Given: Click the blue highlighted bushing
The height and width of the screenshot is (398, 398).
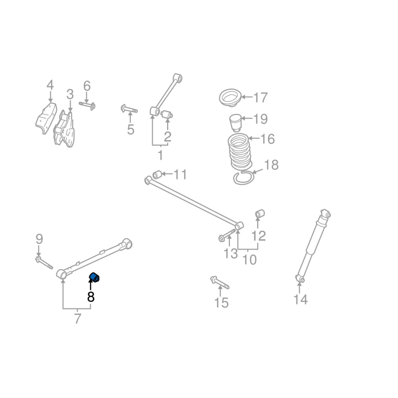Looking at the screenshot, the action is [x=94, y=277].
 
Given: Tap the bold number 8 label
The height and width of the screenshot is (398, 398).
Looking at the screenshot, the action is [x=91, y=296].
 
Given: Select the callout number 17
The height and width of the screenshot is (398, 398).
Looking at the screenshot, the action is [x=261, y=98].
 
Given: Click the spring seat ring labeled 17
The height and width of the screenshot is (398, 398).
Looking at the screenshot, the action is [x=230, y=98].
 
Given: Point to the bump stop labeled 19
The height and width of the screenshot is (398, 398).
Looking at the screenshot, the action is [x=235, y=122].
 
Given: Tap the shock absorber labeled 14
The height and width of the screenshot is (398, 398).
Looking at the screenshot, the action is [x=313, y=246].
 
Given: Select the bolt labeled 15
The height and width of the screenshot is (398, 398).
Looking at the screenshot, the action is [x=219, y=283].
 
